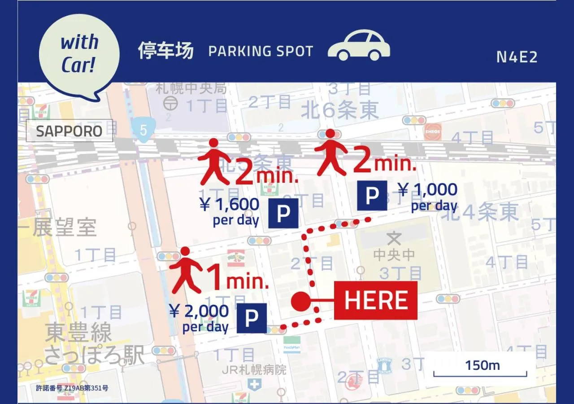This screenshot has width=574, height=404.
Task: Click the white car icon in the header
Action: [x=359, y=45]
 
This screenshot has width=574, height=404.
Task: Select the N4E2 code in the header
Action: [x=517, y=57]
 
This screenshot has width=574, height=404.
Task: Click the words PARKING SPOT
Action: [x=261, y=51]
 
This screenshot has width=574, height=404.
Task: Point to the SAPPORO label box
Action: [x=70, y=131]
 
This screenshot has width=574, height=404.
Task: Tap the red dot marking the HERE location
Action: [x=300, y=301]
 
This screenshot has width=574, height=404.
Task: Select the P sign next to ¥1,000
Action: [x=372, y=196]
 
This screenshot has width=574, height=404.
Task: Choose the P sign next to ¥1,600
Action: [x=283, y=214]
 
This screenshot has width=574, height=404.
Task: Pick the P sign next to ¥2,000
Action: [x=252, y=318]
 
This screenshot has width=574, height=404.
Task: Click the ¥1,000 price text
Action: [x=428, y=190]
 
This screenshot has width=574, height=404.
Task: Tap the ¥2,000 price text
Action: [x=199, y=311]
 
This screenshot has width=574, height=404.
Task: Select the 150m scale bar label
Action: [x=482, y=365]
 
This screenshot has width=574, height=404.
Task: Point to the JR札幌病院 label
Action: [x=254, y=370]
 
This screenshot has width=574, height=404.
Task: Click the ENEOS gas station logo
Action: [x=433, y=132]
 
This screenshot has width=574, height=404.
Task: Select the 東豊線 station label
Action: [x=78, y=334]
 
